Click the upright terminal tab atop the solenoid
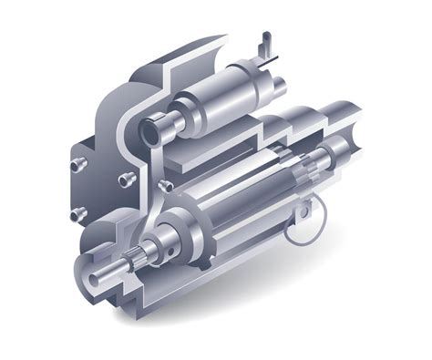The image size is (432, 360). click(x=265, y=46)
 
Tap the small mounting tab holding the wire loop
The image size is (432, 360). click(x=314, y=196)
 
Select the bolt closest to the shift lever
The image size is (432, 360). click(x=167, y=186)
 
